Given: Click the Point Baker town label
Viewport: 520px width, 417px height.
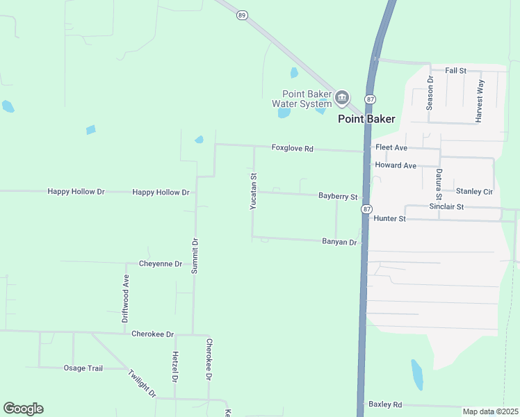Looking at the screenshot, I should click(x=366, y=119).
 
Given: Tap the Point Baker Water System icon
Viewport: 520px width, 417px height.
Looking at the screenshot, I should click(x=341, y=98).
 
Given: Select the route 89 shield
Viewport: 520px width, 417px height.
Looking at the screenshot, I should click(x=241, y=14).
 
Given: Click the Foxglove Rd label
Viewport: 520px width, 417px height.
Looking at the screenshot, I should click(x=293, y=148).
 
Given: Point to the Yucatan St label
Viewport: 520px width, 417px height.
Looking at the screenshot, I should click(x=254, y=191).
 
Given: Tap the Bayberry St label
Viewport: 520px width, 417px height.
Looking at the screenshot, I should click(x=338, y=197).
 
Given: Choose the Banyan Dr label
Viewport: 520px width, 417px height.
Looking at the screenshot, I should click(x=339, y=242).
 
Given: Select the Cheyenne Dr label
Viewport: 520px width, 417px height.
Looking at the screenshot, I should click(x=161, y=263).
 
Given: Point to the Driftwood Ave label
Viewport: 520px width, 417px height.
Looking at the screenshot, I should click(x=126, y=299).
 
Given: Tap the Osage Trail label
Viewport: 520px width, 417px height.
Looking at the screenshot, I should click(x=83, y=368).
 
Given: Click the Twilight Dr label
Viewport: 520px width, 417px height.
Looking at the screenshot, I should click(x=142, y=384).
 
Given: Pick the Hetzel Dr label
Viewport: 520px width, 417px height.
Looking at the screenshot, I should click(x=174, y=367).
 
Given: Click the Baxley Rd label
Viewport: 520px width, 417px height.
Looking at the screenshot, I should click(x=386, y=404).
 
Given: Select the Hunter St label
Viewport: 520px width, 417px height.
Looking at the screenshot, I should click(x=389, y=218).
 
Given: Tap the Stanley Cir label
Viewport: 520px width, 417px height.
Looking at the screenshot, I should click(x=474, y=191).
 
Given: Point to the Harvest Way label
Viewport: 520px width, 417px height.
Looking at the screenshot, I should click(x=480, y=101).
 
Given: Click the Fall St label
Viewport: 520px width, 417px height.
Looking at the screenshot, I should click(x=455, y=71).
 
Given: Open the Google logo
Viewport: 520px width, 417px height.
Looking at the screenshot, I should click(x=23, y=409).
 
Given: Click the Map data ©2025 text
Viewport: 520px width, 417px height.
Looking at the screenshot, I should click(x=490, y=411).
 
